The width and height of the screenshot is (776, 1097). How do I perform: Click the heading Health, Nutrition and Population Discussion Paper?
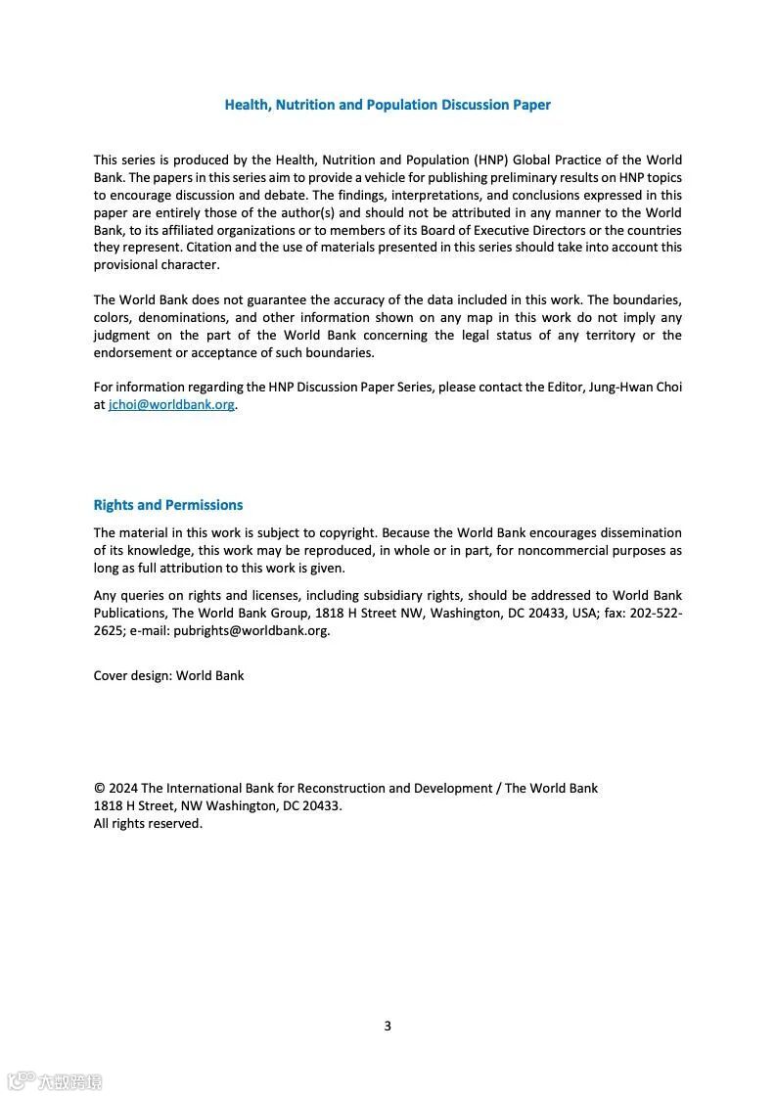(388, 105)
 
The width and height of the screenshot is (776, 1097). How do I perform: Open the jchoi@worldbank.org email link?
(171, 404)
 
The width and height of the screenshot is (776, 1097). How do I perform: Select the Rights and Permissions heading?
(168, 505)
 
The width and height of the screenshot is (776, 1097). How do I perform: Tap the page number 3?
(388, 1026)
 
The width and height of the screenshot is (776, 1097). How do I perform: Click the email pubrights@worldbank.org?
(251, 630)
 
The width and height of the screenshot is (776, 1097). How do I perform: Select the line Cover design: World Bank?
(168, 675)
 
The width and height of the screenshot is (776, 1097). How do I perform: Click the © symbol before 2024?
(99, 789)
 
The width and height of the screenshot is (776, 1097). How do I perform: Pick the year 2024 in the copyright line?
(123, 789)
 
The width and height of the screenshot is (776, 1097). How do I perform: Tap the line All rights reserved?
(148, 824)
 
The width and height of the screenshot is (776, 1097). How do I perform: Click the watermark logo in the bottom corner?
(54, 1081)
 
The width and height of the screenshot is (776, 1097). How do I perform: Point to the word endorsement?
(132, 353)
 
